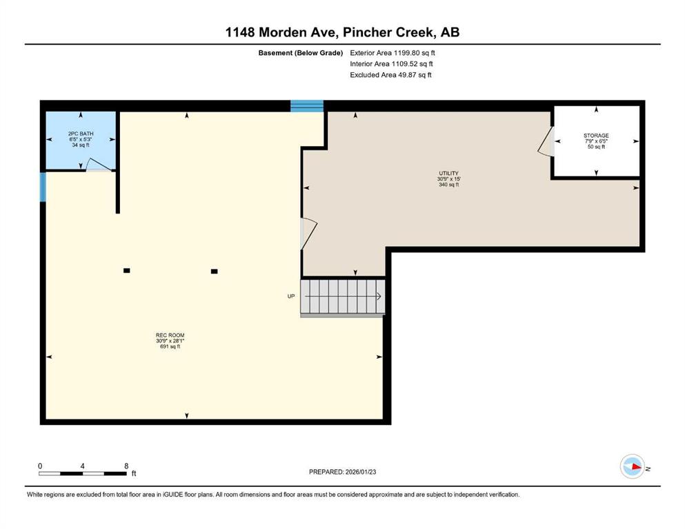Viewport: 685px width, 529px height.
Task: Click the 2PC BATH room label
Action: coord(81,134)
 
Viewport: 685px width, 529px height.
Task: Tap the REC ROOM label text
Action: coord(170,335)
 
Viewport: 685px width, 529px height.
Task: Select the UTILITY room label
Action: coord(448,173)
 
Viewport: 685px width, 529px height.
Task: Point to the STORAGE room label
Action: coord(596,136)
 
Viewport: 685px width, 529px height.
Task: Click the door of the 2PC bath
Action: coord(99,165)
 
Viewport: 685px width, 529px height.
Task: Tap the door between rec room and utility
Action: coord(308,234)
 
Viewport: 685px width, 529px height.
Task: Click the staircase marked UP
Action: coord(342,297)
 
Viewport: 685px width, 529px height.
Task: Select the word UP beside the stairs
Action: coord(291,296)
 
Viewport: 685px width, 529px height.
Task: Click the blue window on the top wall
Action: coord(307,105)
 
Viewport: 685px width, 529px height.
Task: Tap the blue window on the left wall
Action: coord(43,187)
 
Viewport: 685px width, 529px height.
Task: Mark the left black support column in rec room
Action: coord(127,271)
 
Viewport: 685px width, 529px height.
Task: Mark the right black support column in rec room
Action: coord(214,271)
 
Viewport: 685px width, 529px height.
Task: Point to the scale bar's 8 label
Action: coord(126,466)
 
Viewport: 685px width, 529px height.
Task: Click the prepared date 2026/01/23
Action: coord(360,472)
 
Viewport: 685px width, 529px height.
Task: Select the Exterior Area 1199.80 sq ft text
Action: coord(393,53)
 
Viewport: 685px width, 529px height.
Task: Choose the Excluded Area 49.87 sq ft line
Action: coord(390,75)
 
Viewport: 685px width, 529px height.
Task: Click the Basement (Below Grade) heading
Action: coord(301,53)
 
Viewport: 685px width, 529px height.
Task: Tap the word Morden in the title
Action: coord(299,32)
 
